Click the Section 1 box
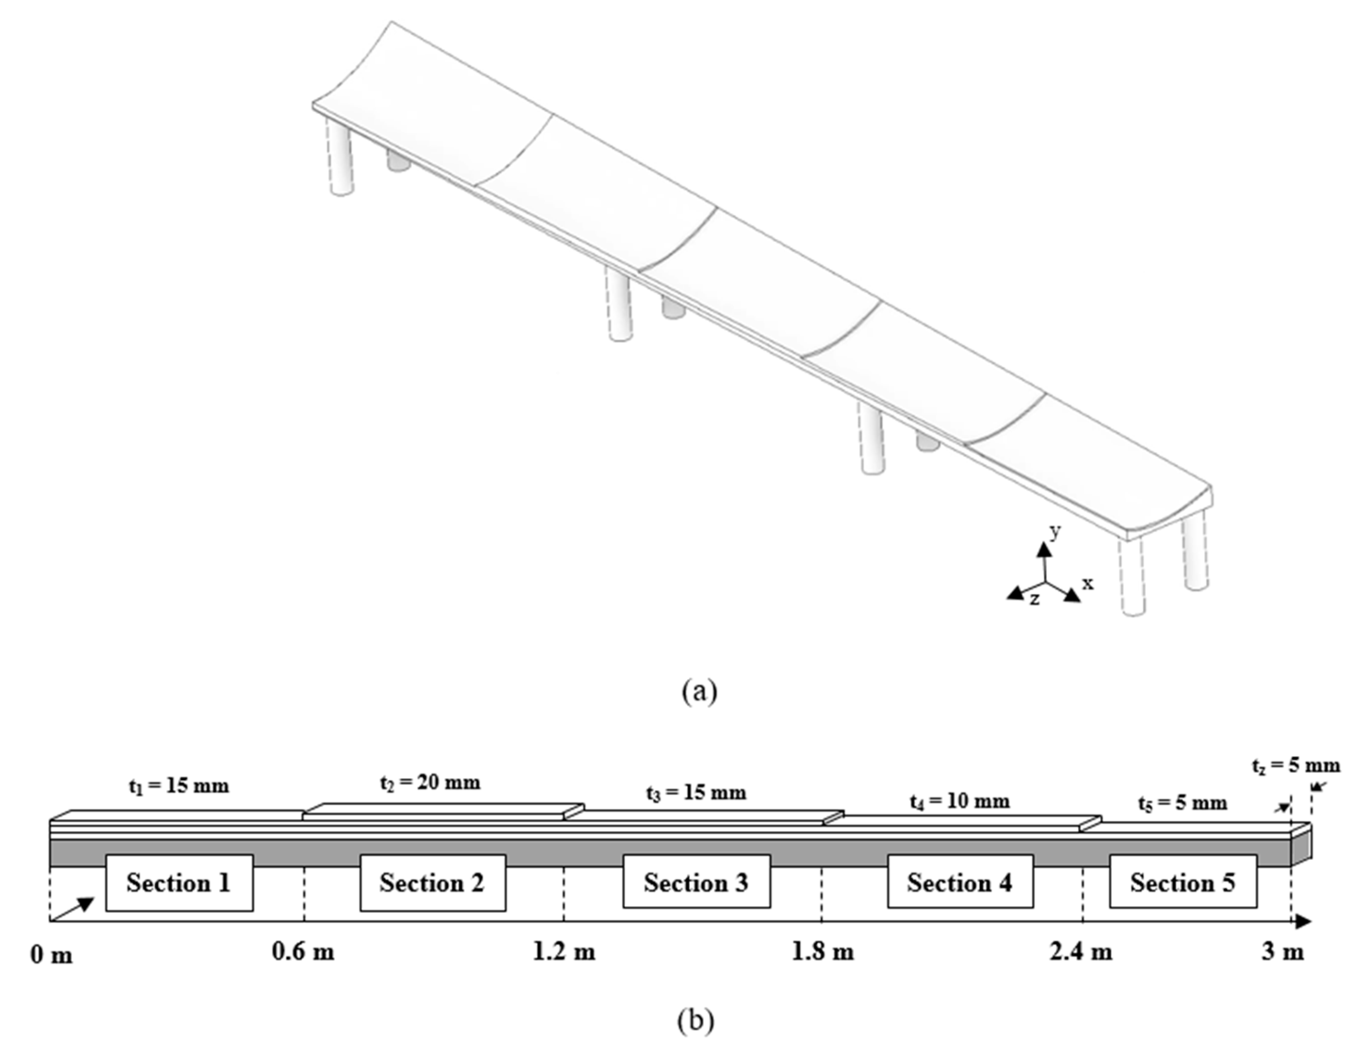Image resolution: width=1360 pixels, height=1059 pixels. [179, 883]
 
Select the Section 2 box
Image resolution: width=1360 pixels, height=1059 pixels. [433, 883]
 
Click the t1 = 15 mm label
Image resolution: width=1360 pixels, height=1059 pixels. [179, 786]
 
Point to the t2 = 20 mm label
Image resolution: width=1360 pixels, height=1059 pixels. [430, 782]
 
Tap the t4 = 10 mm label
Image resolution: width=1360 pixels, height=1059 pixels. [960, 801]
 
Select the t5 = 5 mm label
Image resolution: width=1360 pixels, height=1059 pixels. [1183, 803]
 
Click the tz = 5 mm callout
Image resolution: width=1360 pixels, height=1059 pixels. [1295, 766]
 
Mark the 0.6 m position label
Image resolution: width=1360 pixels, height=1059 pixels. [303, 952]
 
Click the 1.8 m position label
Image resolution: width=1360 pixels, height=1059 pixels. [822, 952]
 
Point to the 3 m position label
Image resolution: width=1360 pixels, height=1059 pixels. [1283, 952]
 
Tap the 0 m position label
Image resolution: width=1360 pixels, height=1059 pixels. [52, 954]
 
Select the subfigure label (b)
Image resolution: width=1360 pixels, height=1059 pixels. [696, 1021]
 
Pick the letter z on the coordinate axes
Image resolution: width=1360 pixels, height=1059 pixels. [1034, 599]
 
